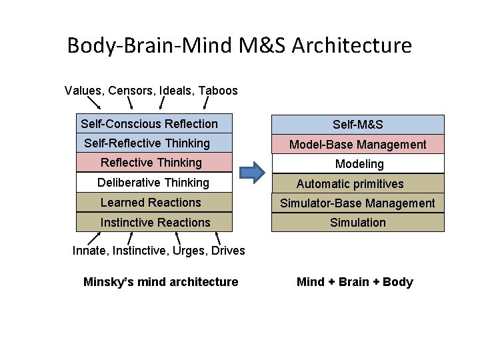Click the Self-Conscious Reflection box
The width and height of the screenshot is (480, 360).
[x=155, y=124]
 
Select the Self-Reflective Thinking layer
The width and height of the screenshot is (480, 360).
[x=155, y=143]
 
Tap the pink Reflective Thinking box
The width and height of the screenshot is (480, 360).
[x=155, y=163]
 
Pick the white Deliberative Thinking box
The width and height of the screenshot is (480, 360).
[x=155, y=183]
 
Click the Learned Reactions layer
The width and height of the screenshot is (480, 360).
[x=155, y=203]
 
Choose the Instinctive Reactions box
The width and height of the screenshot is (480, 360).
[x=155, y=223]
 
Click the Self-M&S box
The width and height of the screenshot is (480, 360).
[x=357, y=125]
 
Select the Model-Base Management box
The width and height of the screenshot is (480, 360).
[x=357, y=144]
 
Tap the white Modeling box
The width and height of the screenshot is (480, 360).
[x=357, y=164]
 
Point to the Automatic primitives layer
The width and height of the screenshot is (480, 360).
[x=357, y=184]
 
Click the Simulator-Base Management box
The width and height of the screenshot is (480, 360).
[x=357, y=203]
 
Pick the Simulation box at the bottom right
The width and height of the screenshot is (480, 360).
[x=357, y=223]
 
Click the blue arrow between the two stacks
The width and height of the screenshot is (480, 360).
[x=252, y=173]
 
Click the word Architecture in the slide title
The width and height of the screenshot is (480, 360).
[x=351, y=46]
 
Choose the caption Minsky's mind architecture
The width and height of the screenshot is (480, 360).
[x=161, y=282]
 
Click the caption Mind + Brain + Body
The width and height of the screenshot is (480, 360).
[x=355, y=282]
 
